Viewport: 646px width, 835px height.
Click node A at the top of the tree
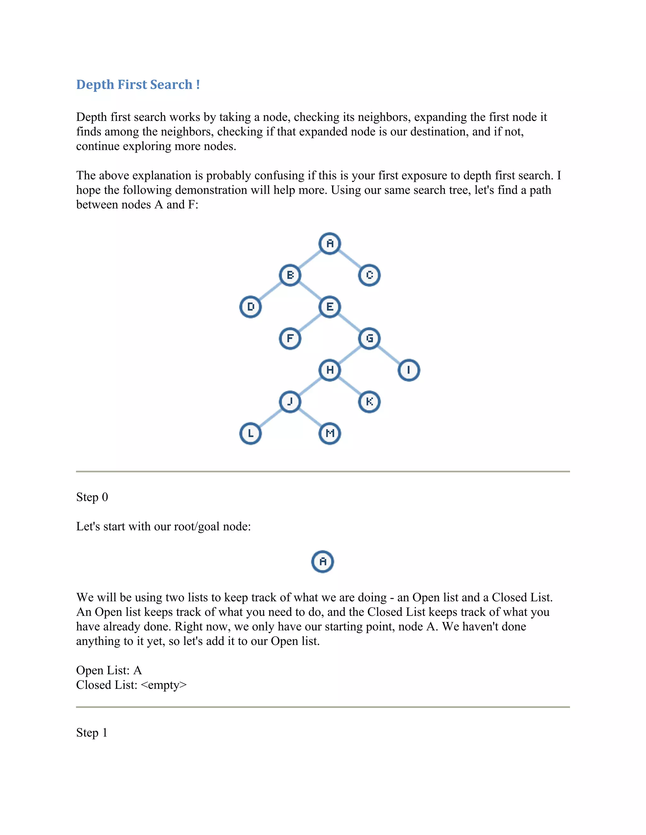[x=330, y=243]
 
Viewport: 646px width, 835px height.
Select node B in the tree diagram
[x=290, y=275]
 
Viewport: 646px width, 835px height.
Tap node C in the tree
[x=369, y=275]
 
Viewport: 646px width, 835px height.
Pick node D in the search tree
[x=251, y=307]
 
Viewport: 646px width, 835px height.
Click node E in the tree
[x=330, y=307]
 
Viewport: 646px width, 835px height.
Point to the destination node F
[x=290, y=338]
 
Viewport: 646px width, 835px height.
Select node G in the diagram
[x=369, y=338]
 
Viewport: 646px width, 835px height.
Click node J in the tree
[x=290, y=401]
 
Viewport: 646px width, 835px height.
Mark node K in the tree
[x=369, y=401]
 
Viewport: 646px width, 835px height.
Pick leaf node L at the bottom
[x=251, y=433]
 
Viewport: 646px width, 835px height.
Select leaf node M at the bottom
[x=330, y=433]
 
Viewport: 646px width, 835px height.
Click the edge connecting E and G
[x=349, y=323]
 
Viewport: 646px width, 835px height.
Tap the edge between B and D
[x=271, y=291]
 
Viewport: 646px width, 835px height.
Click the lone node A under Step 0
[x=323, y=561]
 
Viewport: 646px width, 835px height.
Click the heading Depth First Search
[x=138, y=84]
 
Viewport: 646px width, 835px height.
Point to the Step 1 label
[x=92, y=733]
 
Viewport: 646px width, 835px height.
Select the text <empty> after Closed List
[x=164, y=685]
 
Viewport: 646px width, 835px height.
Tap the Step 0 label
[x=92, y=497]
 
